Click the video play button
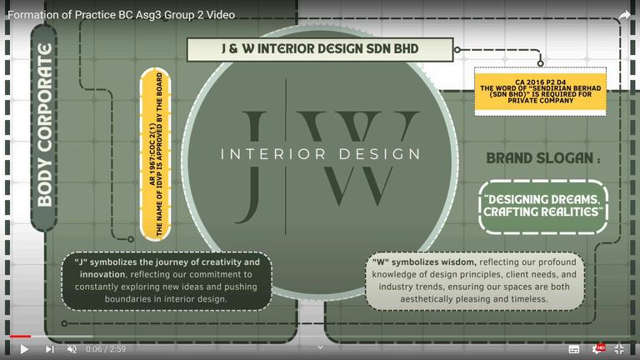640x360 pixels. point(23,349)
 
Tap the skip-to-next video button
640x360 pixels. point(50,349)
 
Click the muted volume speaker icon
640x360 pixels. point(72,349)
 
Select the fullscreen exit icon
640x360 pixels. point(619,349)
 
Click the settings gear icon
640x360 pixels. point(597,349)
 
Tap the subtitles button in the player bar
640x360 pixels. point(574,349)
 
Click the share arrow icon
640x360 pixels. point(623,15)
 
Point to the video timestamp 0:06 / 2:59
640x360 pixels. point(106,349)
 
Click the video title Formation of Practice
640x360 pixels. point(121,15)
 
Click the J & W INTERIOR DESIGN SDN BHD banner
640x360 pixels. point(319,49)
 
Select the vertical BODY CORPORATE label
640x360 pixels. point(44,126)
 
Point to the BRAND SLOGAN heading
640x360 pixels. point(542,157)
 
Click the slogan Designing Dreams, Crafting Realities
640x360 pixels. point(543,207)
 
